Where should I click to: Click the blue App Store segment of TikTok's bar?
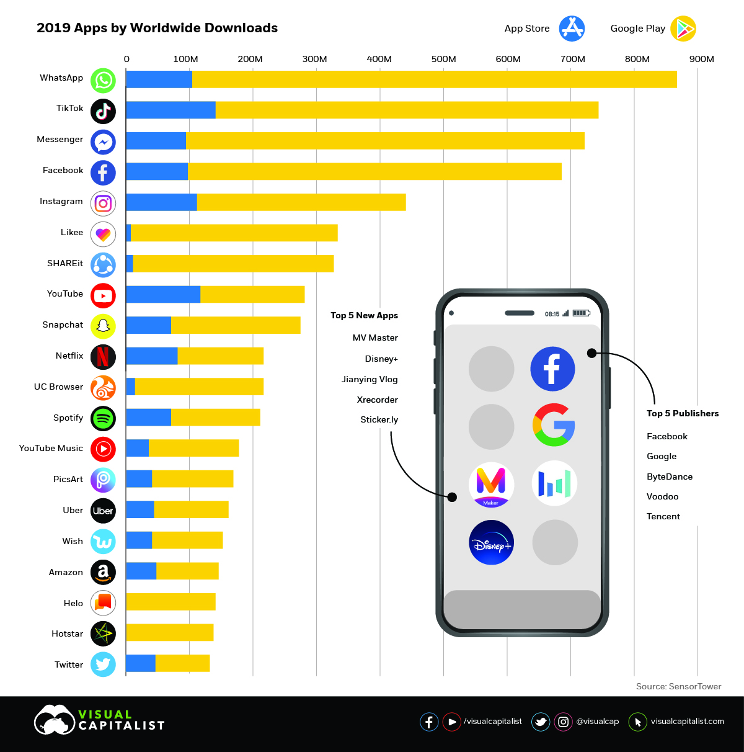(x=170, y=110)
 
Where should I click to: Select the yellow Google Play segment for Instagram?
(x=301, y=202)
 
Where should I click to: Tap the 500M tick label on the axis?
(x=443, y=59)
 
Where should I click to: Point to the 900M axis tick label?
(x=701, y=59)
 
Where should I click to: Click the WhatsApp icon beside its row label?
(x=103, y=80)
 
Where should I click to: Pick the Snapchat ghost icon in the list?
(x=103, y=326)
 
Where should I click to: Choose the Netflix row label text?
(x=69, y=356)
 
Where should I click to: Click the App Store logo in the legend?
(x=572, y=29)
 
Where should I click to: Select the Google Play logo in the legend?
(x=683, y=29)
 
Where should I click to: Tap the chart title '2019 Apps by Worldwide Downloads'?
(x=157, y=28)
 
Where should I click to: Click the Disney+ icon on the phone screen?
(x=492, y=542)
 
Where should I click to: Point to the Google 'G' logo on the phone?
(x=554, y=425)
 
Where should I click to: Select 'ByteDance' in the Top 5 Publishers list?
(x=670, y=477)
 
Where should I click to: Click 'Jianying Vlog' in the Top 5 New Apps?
(x=370, y=379)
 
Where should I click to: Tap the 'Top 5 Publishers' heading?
(x=683, y=413)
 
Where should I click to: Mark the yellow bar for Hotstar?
(x=170, y=633)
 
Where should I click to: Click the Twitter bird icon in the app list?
(x=103, y=665)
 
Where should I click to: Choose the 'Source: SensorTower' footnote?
(x=678, y=686)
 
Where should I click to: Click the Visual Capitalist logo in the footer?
(x=99, y=720)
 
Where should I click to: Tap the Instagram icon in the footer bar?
(x=563, y=722)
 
